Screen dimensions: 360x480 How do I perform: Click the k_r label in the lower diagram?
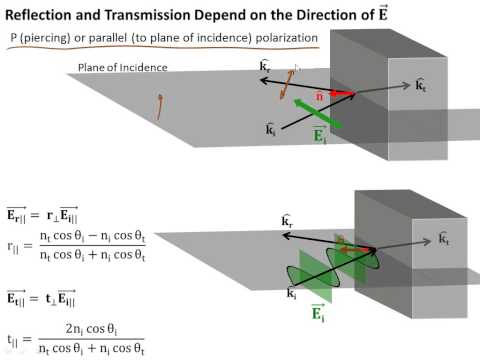pos(287,220)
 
